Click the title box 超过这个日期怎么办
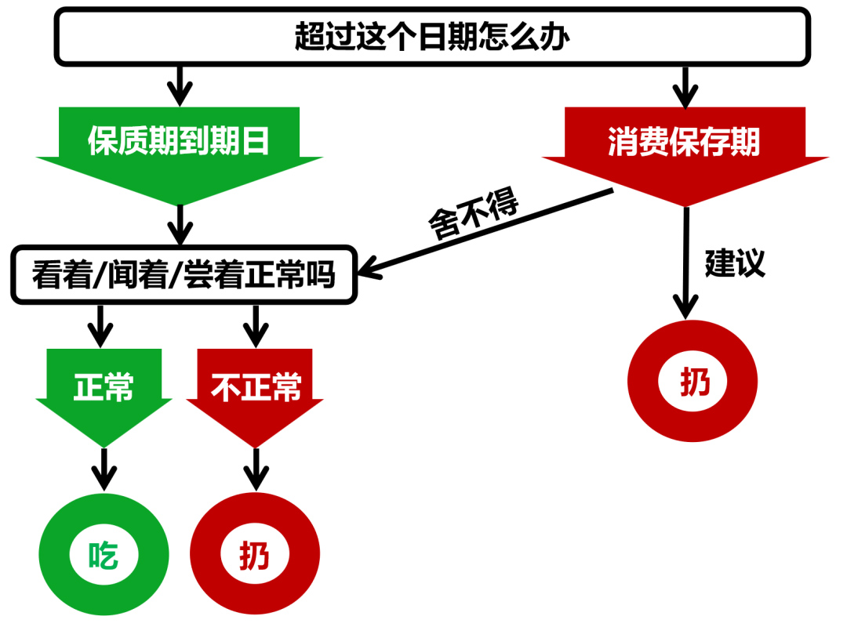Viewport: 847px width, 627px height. (432, 36)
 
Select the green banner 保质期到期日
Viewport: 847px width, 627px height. (180, 141)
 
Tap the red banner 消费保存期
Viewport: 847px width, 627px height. (685, 143)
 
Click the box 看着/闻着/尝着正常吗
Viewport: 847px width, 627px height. (184, 275)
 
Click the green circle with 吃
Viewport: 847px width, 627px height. (104, 556)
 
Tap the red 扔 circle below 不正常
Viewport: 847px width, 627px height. (255, 556)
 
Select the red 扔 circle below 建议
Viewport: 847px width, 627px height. (693, 384)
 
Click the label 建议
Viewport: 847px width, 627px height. (734, 263)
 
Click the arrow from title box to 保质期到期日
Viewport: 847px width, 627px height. (180, 85)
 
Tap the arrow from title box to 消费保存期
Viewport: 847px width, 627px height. (685, 86)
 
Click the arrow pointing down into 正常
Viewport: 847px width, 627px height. (100, 325)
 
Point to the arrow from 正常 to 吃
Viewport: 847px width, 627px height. (104, 469)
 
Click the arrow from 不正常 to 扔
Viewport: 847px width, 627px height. (255, 469)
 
